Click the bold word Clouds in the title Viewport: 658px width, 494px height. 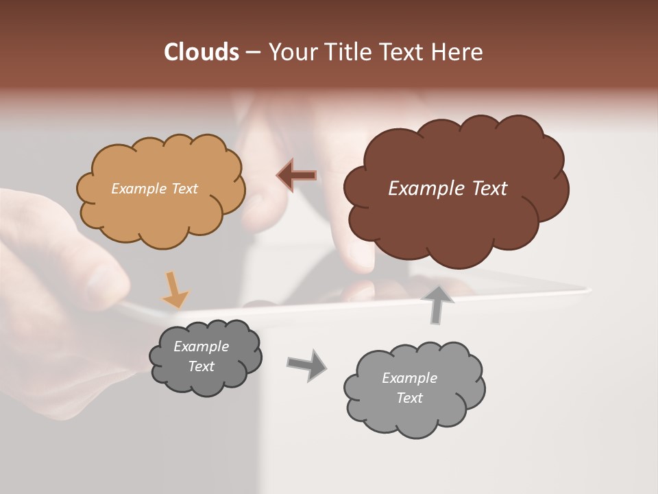click(x=201, y=52)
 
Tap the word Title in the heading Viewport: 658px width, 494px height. click(x=350, y=52)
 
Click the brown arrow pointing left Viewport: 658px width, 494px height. click(x=296, y=176)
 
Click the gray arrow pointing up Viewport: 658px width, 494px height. click(x=437, y=305)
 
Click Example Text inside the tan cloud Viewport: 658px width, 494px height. click(x=154, y=189)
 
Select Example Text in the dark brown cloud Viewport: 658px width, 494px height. click(x=448, y=189)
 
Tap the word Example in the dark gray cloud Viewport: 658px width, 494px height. click(x=201, y=346)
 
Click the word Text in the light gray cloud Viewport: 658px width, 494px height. click(x=409, y=398)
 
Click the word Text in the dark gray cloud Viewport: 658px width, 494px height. click(x=201, y=366)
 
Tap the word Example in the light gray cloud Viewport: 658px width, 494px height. click(x=409, y=378)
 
